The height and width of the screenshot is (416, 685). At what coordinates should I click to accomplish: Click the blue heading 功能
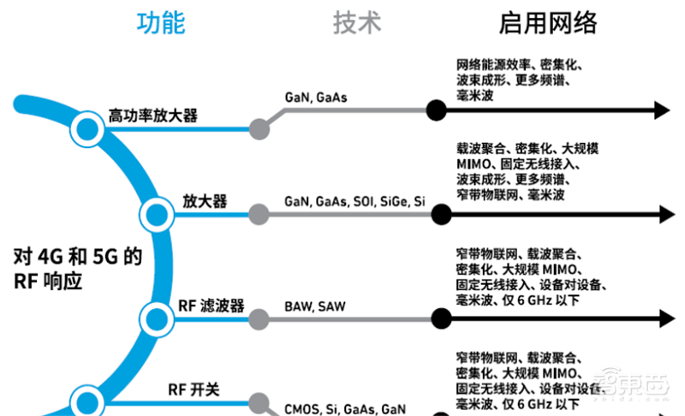coord(160,23)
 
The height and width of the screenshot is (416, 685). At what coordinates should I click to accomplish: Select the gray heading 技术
coord(357,23)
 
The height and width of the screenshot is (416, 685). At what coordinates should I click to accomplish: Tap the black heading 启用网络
coord(548,23)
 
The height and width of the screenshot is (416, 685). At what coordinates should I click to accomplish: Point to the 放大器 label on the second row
coord(205,201)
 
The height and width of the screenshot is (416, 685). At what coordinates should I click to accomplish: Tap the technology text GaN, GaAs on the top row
coord(316,98)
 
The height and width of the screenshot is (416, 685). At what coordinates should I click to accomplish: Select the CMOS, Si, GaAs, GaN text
coord(344,408)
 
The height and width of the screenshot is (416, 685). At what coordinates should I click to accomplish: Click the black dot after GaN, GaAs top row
coord(437,110)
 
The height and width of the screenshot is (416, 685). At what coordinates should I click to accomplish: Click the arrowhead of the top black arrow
coord(661,110)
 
